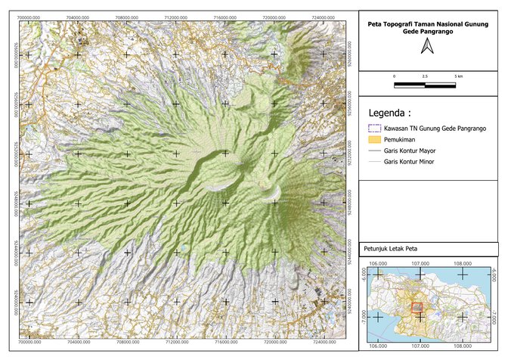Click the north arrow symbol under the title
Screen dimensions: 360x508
[x=426, y=48]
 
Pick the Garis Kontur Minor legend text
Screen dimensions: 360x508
[x=413, y=162]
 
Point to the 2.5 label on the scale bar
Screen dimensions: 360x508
[x=426, y=77]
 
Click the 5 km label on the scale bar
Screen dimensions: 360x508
[x=458, y=77]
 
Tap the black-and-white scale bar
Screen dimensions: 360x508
[x=426, y=84]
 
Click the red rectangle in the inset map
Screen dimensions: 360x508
[x=417, y=307]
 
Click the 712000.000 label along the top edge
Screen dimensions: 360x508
[x=175, y=16]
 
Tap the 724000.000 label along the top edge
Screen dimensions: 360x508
[x=323, y=16]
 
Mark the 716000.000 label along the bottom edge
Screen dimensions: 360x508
[x=225, y=343]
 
